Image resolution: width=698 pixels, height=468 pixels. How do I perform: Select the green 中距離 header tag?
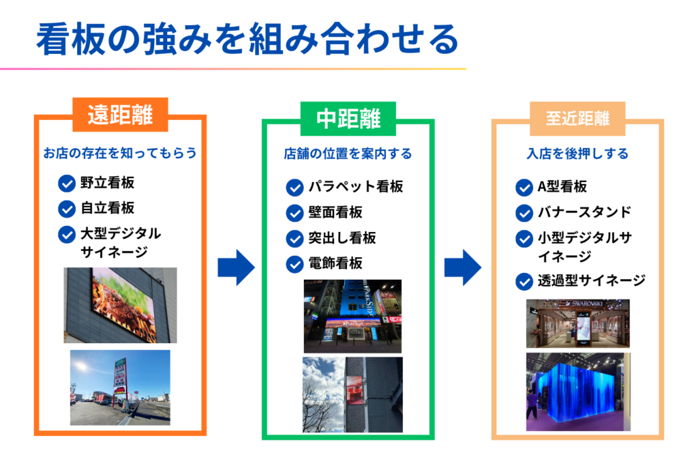tap(348, 119)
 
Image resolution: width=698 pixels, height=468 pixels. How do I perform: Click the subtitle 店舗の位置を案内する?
tap(348, 154)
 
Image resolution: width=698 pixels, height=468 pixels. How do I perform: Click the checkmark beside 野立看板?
tap(67, 184)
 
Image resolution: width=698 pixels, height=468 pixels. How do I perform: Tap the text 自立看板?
tap(107, 208)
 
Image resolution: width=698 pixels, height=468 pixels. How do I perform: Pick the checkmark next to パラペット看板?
tap(294, 187)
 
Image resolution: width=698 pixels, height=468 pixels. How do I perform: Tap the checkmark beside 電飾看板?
tap(294, 263)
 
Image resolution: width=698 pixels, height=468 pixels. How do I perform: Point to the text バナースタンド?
tap(582, 212)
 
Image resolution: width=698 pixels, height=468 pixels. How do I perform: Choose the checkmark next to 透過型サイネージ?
tap(524, 280)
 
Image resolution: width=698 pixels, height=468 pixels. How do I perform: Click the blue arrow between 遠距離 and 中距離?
tap(235, 267)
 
